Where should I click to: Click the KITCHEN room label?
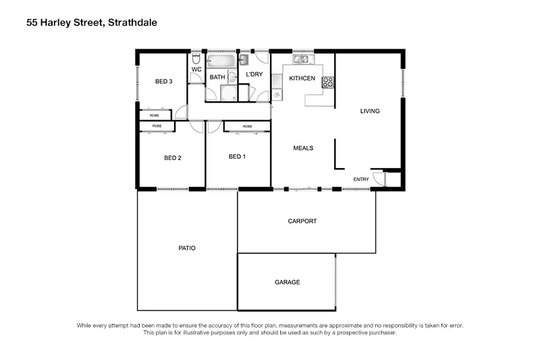click(x=302, y=78)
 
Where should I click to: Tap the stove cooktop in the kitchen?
click(x=328, y=82)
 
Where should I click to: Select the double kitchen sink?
click(x=300, y=59)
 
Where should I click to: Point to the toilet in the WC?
click(x=196, y=59)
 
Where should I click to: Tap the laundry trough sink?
click(x=244, y=60)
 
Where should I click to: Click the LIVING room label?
click(x=369, y=111)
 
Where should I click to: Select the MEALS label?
click(x=302, y=148)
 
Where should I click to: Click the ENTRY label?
click(x=361, y=179)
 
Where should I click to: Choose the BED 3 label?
click(x=164, y=82)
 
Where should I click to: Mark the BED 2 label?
click(x=173, y=158)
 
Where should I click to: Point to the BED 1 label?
click(x=237, y=157)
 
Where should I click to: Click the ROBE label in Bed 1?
click(x=248, y=126)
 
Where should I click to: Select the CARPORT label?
click(x=302, y=221)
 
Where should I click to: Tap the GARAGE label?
click(x=287, y=282)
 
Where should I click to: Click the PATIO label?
click(x=187, y=248)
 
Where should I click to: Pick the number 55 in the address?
click(x=32, y=22)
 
